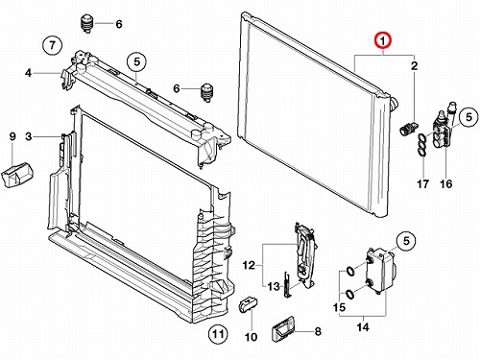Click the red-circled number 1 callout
click(383, 40)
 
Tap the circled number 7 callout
click(53, 45)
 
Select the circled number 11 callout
click(218, 334)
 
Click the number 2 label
click(414, 66)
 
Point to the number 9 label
click(12, 136)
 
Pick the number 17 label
click(422, 184)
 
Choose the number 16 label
click(446, 184)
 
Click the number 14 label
click(363, 327)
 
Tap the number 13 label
click(274, 286)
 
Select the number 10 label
click(251, 337)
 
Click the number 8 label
click(318, 331)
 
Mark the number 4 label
click(28, 73)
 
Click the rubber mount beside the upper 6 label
click(86, 23)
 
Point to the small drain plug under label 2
click(408, 129)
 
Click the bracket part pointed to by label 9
click(16, 175)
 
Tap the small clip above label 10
click(249, 303)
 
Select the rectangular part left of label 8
click(282, 328)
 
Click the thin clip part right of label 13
click(287, 284)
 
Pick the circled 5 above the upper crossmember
click(136, 61)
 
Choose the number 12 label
click(249, 265)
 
